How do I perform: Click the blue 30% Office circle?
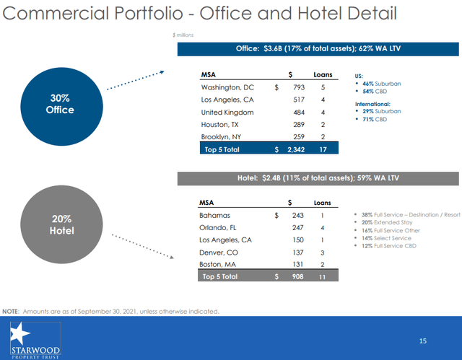click(x=54, y=104)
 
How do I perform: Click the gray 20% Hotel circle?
click(x=54, y=225)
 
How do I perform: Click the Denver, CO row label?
click(x=219, y=252)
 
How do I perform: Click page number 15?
click(x=424, y=340)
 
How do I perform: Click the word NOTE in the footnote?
click(x=11, y=311)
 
